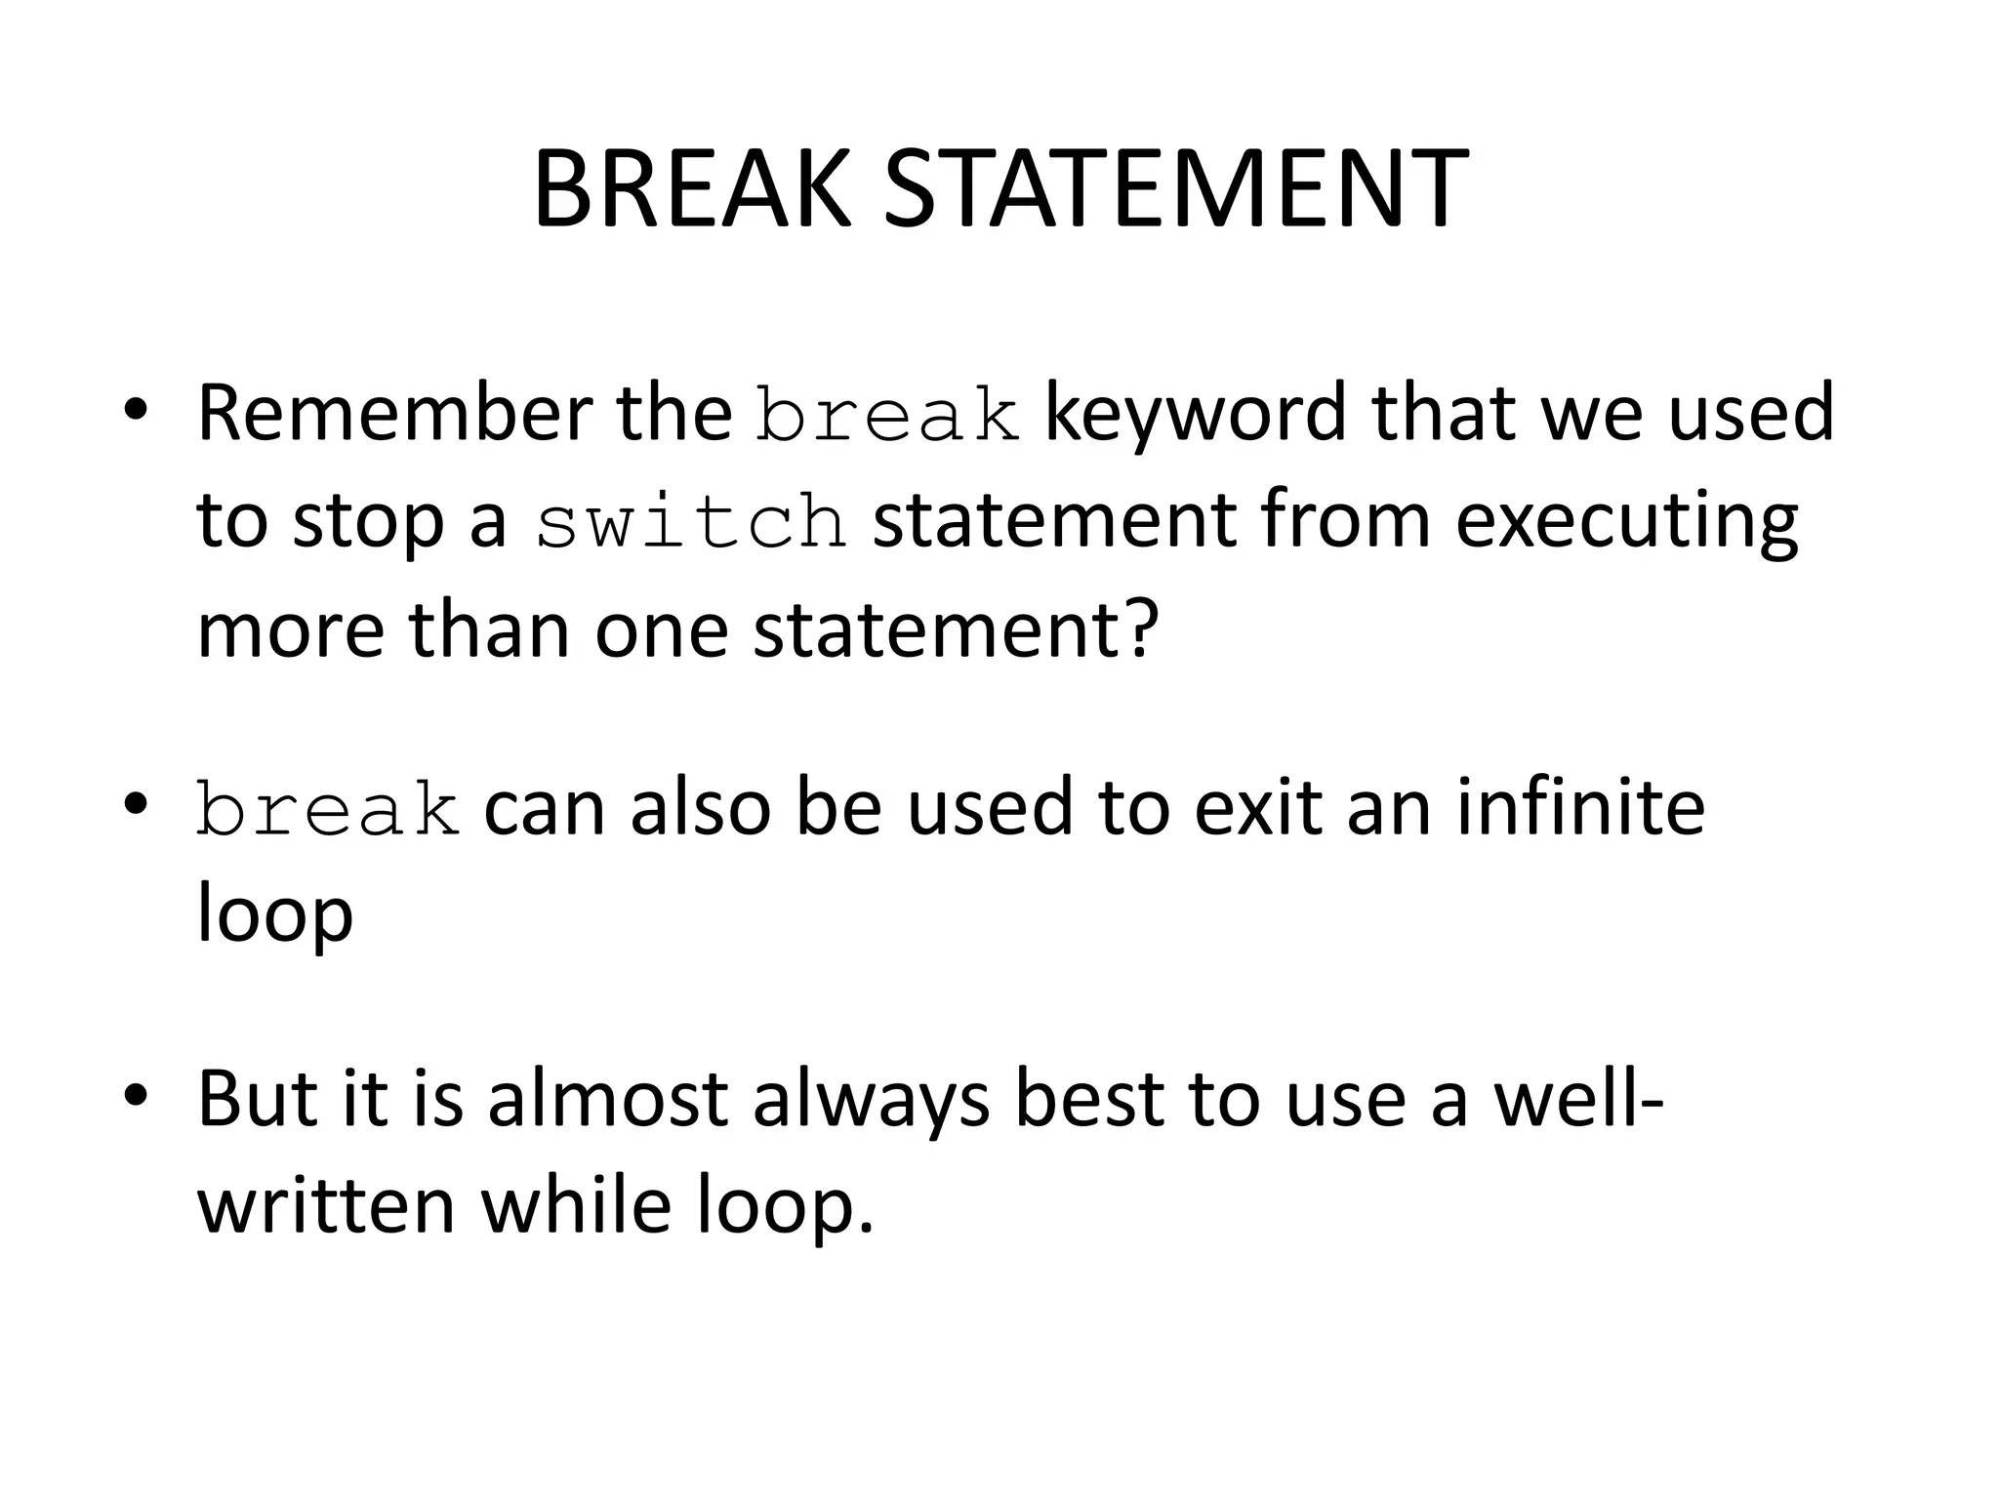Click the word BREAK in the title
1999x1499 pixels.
click(x=692, y=191)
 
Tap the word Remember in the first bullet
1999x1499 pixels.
click(x=393, y=414)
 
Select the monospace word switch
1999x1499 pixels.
click(x=690, y=522)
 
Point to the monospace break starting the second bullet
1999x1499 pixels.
click(x=328, y=810)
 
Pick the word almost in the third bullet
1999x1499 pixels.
click(x=607, y=1100)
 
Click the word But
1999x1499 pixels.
click(x=255, y=1100)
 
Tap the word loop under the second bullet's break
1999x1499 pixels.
click(x=274, y=917)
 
